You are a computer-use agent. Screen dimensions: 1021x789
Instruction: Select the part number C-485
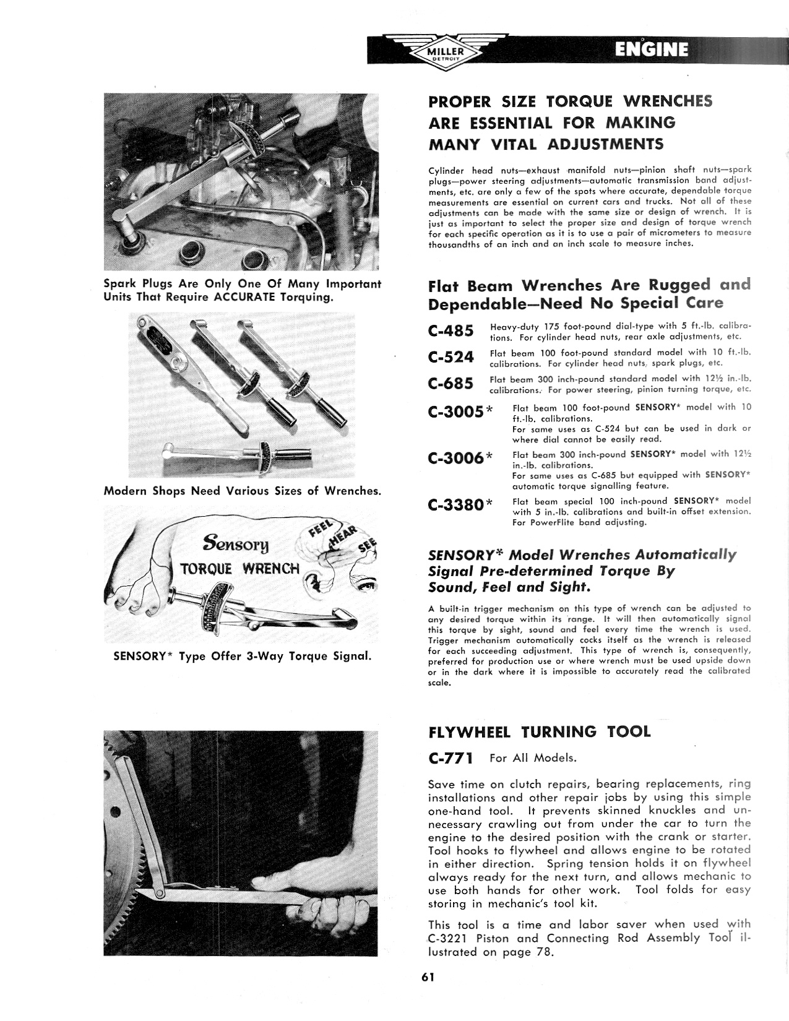pos(451,331)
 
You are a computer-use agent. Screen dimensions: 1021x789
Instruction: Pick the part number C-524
pos(451,358)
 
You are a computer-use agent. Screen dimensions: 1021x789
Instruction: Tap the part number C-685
pos(451,384)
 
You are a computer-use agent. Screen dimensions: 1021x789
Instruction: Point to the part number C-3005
pos(455,412)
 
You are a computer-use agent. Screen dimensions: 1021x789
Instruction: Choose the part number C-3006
pos(455,458)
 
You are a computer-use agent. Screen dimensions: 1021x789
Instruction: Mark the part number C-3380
pos(455,505)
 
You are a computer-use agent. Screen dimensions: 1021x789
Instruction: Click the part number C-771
pos(451,758)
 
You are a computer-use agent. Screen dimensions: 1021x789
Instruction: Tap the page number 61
pos(428,977)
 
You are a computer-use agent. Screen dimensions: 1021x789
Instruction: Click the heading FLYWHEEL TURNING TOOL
pos(539,732)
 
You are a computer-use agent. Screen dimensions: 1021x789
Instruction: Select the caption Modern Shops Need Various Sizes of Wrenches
pos(242,491)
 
